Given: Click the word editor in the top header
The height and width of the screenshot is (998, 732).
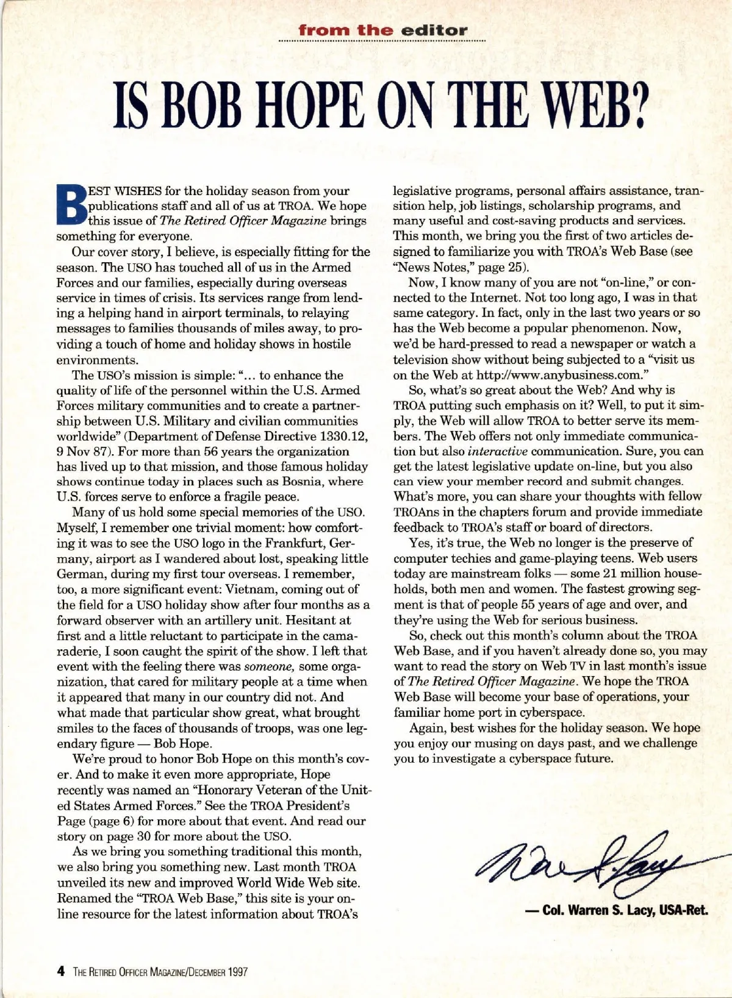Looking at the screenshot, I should pyautogui.click(x=434, y=30).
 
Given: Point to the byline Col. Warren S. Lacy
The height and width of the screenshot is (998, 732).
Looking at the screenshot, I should pyautogui.click(x=616, y=911).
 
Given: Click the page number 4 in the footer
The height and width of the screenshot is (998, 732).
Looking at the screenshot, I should pyautogui.click(x=60, y=972).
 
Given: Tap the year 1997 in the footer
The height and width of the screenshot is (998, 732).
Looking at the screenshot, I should pyautogui.click(x=238, y=972).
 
